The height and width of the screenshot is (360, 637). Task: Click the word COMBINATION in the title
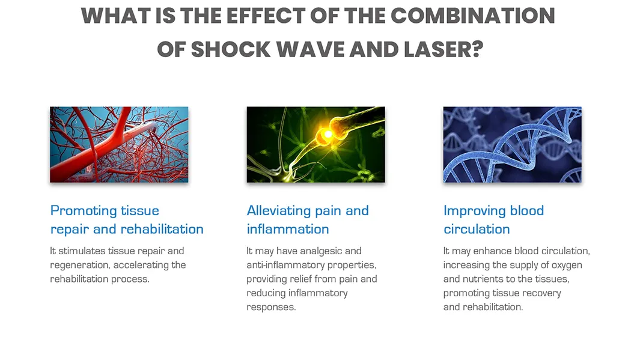coord(472,16)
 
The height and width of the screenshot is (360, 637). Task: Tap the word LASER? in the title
coord(443,49)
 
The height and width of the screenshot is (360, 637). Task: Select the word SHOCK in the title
coord(231,49)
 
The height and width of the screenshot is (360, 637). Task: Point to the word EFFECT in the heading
coord(266,16)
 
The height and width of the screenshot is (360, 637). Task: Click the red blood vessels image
coord(119,145)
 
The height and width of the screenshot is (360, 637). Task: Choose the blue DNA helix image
coord(512,145)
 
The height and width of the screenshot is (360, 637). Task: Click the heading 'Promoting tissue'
coord(105,210)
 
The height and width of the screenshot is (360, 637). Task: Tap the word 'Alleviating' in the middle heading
coord(279,210)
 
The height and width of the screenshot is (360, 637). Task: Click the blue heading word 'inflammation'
coord(288,229)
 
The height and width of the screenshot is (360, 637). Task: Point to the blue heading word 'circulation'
coord(477,229)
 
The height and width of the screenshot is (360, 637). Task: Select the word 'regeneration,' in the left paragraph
coord(80,265)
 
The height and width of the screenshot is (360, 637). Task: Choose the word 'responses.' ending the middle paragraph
coord(271,307)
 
